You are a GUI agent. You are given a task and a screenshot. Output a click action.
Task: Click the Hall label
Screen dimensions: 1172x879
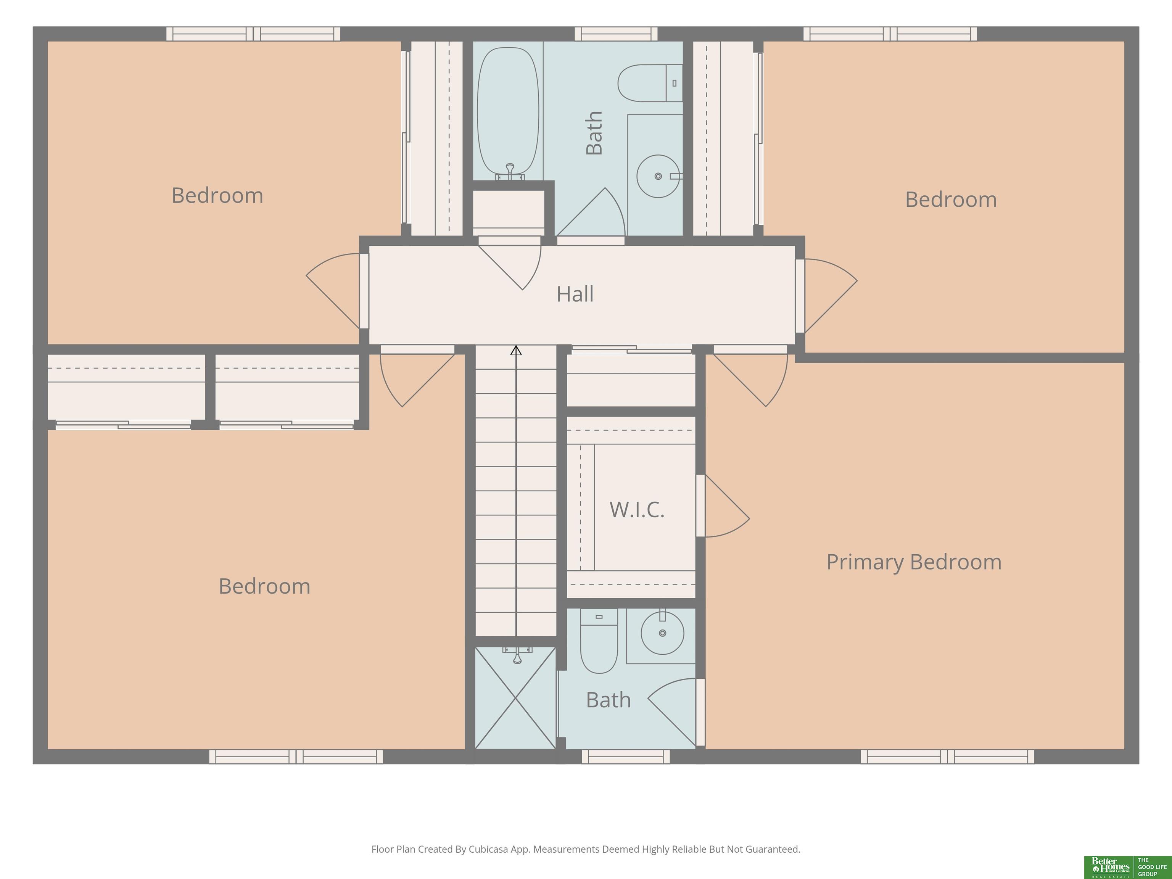click(575, 294)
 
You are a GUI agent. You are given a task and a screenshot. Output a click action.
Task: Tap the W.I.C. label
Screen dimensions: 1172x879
click(637, 510)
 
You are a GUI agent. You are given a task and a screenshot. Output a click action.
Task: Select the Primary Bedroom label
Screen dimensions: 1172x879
click(914, 562)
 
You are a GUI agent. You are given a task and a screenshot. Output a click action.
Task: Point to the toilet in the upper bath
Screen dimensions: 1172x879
click(650, 83)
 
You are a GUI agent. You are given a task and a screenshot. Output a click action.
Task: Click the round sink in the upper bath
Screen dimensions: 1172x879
click(658, 176)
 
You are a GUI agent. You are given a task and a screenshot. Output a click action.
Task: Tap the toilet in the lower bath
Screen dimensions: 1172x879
click(599, 641)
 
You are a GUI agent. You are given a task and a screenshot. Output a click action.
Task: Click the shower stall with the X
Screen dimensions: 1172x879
click(515, 698)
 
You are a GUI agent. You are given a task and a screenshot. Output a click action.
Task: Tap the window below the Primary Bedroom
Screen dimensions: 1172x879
click(947, 757)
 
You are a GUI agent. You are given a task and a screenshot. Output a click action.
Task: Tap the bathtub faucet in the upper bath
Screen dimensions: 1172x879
click(510, 171)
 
